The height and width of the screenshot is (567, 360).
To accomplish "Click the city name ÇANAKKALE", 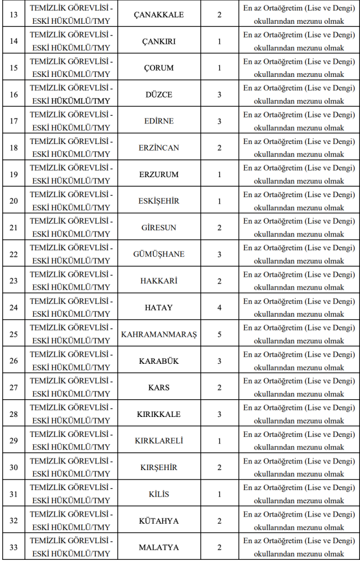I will click(x=158, y=14).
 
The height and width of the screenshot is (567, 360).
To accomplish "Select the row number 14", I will click(x=14, y=41).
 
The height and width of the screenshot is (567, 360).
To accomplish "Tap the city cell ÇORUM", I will click(x=158, y=68).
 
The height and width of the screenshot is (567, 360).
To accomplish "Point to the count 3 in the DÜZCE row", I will click(x=219, y=95).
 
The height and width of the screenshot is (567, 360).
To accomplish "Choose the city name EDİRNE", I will click(x=158, y=121).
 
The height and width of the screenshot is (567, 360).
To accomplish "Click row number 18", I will click(x=14, y=148).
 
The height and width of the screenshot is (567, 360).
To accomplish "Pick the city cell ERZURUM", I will click(x=158, y=174).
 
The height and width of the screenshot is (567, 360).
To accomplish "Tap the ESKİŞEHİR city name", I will click(x=158, y=201).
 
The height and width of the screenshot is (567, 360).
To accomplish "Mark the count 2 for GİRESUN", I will click(x=219, y=228).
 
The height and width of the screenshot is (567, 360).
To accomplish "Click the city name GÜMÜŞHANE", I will click(x=158, y=254).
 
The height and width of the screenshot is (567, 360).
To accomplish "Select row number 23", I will click(x=14, y=281).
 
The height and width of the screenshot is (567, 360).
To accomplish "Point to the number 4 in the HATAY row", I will click(x=219, y=307).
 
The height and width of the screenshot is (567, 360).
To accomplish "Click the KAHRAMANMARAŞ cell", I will click(x=158, y=334).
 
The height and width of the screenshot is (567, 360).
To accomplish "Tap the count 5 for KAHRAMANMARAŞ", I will click(x=219, y=334).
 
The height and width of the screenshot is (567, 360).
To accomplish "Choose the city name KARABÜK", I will click(x=158, y=361).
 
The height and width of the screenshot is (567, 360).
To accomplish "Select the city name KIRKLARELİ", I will click(x=158, y=441).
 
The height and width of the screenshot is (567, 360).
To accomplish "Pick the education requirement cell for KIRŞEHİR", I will click(x=299, y=467).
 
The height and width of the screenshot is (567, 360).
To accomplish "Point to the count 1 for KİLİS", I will click(x=219, y=494).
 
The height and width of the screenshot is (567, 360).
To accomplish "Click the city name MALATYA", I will click(x=158, y=548).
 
